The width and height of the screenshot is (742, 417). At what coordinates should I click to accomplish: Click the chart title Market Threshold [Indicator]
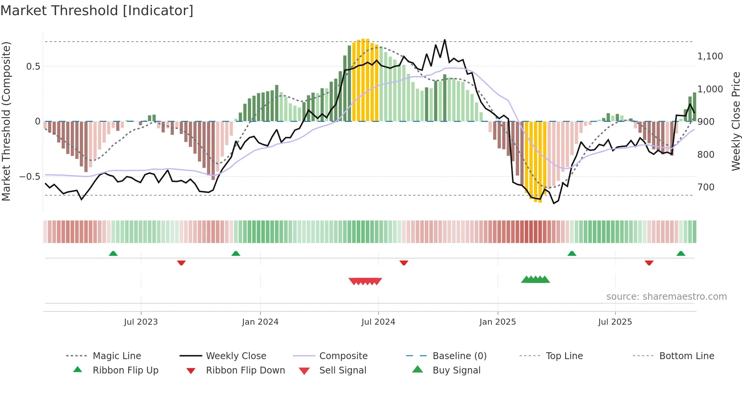(x=97, y=11)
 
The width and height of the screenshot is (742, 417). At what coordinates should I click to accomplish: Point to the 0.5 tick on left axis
(x=33, y=67)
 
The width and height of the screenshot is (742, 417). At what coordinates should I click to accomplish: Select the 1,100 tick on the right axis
(x=710, y=56)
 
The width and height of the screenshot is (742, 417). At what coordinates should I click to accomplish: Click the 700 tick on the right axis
(x=706, y=187)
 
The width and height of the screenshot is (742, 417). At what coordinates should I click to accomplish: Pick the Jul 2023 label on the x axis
(x=141, y=322)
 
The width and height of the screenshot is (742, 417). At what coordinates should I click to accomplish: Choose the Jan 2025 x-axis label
(x=497, y=322)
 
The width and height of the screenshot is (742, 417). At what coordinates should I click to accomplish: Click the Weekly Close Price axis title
(x=736, y=121)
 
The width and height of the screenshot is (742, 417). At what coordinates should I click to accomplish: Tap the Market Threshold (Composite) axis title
(x=6, y=121)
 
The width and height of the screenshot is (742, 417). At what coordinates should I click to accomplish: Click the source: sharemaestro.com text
(x=666, y=297)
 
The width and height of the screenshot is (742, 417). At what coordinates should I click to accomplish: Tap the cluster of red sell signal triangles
(x=365, y=281)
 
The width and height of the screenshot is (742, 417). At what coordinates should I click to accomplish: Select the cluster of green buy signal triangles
(x=535, y=280)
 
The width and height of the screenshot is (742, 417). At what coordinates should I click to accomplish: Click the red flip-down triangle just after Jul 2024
(x=404, y=263)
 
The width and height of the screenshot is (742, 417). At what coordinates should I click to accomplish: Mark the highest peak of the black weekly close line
(x=445, y=40)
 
